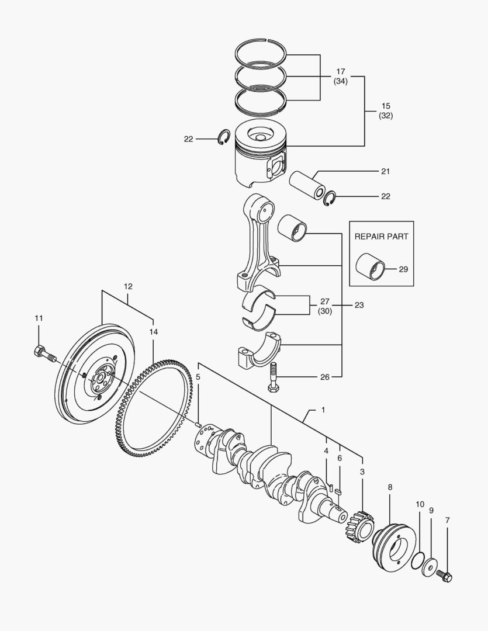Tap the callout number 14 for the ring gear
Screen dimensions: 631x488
(153, 331)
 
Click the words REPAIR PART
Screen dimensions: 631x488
(381, 237)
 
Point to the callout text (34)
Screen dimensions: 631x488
(340, 82)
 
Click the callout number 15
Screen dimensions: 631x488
(385, 106)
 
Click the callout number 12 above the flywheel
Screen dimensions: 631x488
(128, 286)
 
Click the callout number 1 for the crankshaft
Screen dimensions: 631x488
(323, 410)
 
